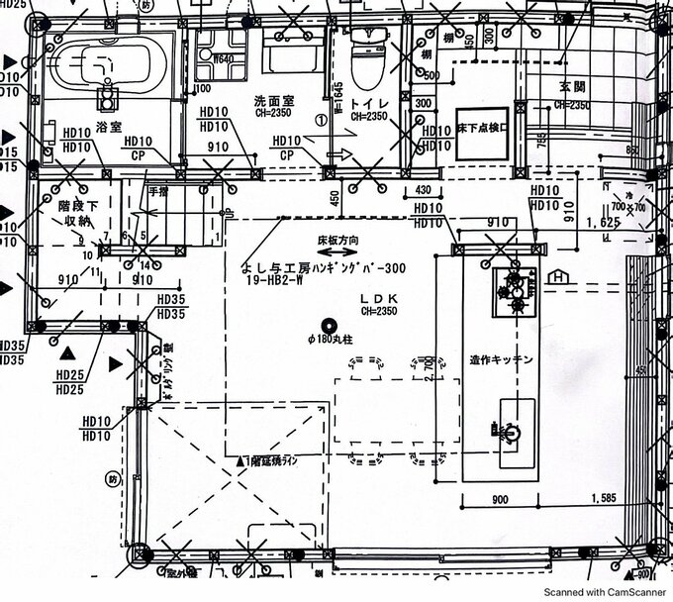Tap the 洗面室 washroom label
tap(274, 100)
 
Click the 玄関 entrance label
tap(573, 88)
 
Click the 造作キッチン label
tap(502, 360)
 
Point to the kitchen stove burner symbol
tap(514, 288)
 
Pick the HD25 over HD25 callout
tap(70, 382)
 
